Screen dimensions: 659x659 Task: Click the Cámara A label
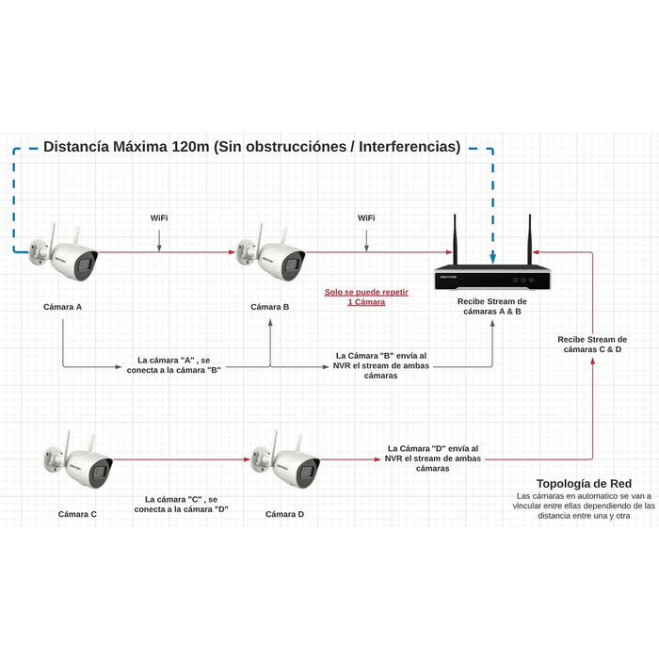tap(62, 307)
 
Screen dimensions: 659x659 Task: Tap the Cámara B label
tap(270, 307)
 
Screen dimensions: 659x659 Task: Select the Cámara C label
tap(77, 513)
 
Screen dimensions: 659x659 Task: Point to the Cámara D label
tap(284, 513)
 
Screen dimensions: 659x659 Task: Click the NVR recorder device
tap(492, 278)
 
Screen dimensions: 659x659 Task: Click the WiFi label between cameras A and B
tap(159, 217)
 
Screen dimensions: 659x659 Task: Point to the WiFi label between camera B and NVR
tap(366, 217)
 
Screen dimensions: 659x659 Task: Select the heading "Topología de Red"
tap(583, 482)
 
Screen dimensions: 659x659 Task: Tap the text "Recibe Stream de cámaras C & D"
tap(592, 344)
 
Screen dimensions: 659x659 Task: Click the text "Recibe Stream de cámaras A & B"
tap(492, 306)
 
